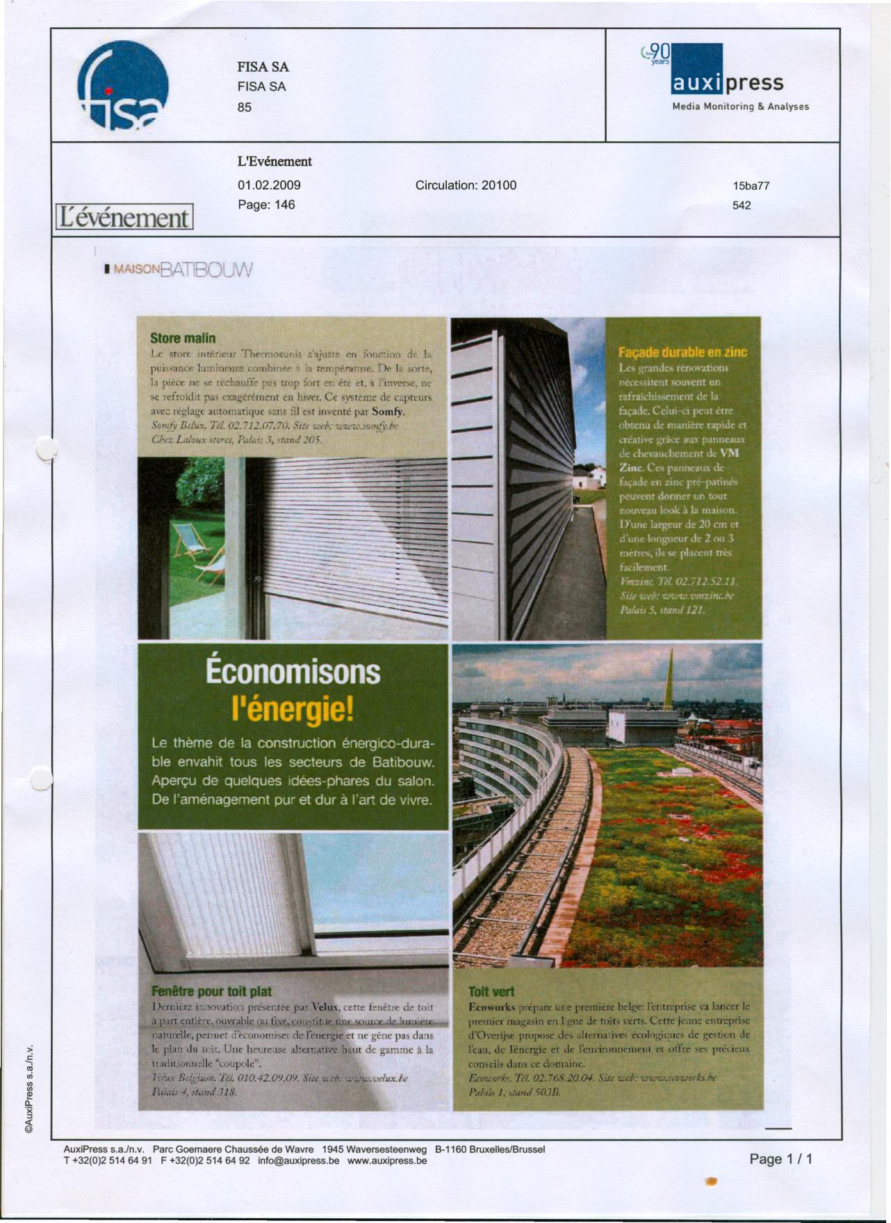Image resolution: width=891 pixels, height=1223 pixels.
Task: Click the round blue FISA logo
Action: click(x=123, y=86)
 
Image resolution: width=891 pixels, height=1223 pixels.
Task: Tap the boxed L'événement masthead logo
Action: click(x=124, y=217)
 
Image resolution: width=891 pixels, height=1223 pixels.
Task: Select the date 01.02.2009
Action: click(x=269, y=185)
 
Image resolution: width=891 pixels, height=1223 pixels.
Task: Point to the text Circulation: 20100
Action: click(x=466, y=185)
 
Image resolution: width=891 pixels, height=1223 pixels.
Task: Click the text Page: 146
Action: click(x=266, y=204)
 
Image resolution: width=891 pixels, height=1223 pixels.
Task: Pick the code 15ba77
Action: click(x=751, y=186)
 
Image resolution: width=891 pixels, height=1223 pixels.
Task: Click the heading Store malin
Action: click(x=183, y=339)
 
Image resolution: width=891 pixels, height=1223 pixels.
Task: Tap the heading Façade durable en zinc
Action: click(x=682, y=352)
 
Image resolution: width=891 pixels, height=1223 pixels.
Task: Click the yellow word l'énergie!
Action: click(x=293, y=710)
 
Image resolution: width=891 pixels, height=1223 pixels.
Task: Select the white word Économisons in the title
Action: click(x=293, y=672)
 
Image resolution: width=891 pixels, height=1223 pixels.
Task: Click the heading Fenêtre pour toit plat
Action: click(x=211, y=991)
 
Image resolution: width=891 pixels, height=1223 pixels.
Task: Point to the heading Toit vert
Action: click(x=491, y=991)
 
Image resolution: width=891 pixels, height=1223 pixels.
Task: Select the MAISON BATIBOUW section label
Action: click(x=178, y=269)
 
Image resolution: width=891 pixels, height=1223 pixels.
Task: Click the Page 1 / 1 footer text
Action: click(x=780, y=1159)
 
